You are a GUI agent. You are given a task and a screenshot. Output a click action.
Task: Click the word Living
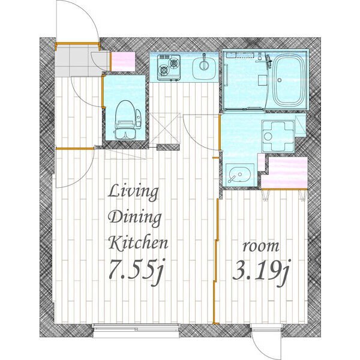click(133, 194)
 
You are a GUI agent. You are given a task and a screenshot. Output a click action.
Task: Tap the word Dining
click(135, 218)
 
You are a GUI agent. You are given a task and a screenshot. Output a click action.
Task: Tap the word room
click(261, 247)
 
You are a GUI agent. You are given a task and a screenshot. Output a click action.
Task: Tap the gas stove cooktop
click(169, 68)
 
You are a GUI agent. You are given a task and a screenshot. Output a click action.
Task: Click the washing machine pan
click(278, 136)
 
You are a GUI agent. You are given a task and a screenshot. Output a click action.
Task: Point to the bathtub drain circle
click(280, 80)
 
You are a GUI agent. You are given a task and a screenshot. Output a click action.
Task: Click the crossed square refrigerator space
click(164, 128)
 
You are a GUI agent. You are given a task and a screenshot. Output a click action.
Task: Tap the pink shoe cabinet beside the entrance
click(123, 62)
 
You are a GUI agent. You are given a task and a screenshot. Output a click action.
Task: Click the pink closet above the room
click(284, 173)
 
